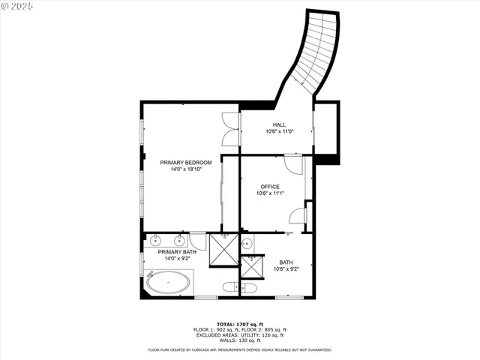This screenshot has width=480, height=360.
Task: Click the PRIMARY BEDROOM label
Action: (186, 162)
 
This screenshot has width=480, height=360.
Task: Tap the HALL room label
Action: (279, 124)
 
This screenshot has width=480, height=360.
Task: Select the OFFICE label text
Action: (270, 186)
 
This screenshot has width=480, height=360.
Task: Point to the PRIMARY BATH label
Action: (177, 252)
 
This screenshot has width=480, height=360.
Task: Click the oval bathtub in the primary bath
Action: (167, 283)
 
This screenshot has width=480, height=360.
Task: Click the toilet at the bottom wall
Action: (247, 287)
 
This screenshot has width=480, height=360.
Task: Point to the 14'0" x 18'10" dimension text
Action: (186, 169)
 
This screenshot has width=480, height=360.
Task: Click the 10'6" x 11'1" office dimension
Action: (270, 193)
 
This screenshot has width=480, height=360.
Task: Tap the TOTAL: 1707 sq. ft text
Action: (239, 324)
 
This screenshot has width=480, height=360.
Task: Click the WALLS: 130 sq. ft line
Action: (239, 340)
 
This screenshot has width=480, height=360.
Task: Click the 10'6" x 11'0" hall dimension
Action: (279, 132)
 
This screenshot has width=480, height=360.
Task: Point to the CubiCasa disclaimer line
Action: (239, 349)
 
